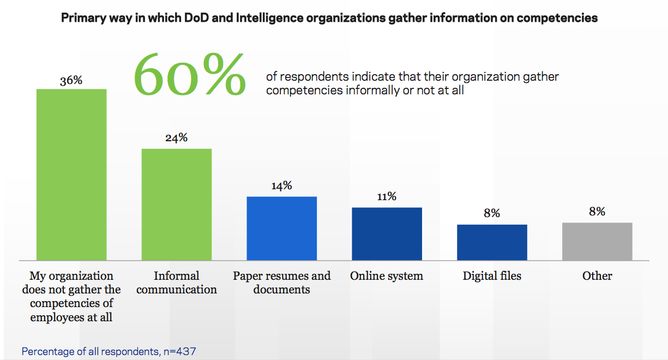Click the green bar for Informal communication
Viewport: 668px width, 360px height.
tap(177, 204)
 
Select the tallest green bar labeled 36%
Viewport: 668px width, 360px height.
tap(71, 174)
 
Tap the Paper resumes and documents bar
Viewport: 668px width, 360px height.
tap(282, 228)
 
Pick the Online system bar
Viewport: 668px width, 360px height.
tap(387, 233)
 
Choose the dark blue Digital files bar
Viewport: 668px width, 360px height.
tap(492, 242)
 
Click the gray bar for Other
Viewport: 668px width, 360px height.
tap(597, 241)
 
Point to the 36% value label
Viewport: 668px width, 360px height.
tap(71, 80)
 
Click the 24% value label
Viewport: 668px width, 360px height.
tap(176, 138)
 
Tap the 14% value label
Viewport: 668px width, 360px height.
tap(281, 185)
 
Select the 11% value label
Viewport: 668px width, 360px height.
tap(387, 196)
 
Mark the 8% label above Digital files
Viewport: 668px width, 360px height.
tap(492, 213)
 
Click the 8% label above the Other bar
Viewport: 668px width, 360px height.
tap(597, 212)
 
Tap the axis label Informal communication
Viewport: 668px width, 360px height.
tap(177, 283)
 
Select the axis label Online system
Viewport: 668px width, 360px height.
tap(387, 276)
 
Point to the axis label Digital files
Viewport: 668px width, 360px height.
tap(492, 276)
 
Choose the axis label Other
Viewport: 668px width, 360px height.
tap(597, 276)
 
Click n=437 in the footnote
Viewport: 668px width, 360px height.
tap(179, 351)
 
